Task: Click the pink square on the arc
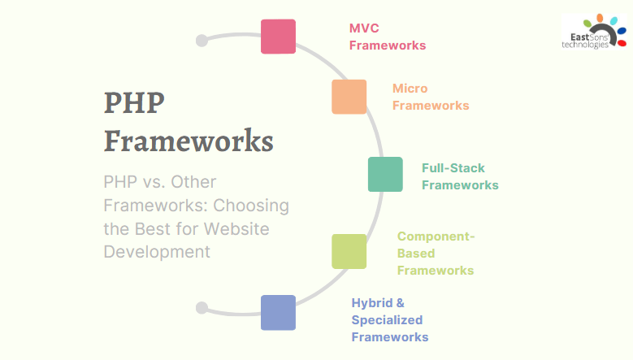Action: [x=278, y=37]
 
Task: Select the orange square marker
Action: [x=349, y=97]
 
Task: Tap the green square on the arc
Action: [x=385, y=175]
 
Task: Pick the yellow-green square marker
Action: [x=349, y=251]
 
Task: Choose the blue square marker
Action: [x=278, y=313]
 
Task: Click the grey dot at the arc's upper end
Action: [x=202, y=41]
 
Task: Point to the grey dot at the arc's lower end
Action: [x=202, y=308]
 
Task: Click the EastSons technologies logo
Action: [x=594, y=32]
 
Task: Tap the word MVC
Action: [x=364, y=28]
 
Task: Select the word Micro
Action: [x=410, y=89]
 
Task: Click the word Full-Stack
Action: [x=453, y=168]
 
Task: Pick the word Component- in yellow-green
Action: [x=436, y=236]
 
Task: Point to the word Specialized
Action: [x=387, y=320]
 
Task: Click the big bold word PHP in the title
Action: [x=134, y=102]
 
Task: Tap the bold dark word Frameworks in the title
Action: [x=189, y=141]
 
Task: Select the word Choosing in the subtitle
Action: [x=251, y=206]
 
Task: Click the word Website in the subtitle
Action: [x=236, y=229]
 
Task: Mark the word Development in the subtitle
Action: [x=157, y=252]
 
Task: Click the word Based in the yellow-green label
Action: [x=416, y=254]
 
